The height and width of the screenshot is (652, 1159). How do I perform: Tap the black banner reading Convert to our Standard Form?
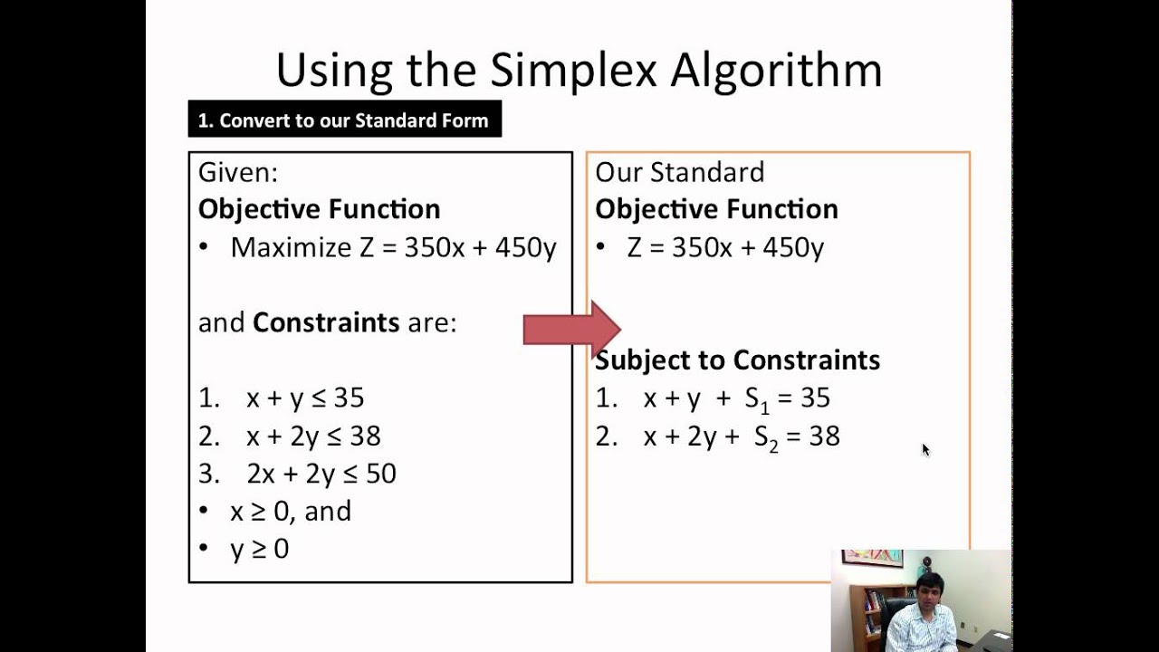[344, 120]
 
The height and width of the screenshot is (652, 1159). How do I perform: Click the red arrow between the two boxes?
[571, 330]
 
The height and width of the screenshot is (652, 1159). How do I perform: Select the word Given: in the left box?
[238, 172]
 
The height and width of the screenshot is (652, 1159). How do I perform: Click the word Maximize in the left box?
[291, 247]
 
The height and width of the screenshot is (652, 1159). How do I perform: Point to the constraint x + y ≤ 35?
[305, 398]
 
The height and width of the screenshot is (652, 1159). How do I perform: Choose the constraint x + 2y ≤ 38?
[313, 436]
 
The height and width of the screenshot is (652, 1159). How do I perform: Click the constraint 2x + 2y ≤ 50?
[321, 474]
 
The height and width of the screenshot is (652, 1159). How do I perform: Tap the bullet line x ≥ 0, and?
[290, 512]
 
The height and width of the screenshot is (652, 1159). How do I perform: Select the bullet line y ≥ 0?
[259, 549]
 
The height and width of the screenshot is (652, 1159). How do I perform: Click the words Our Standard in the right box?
[679, 172]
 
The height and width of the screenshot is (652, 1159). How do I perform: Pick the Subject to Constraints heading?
[737, 360]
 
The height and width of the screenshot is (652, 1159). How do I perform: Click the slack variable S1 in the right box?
[757, 399]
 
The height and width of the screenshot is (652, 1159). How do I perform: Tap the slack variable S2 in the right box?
[766, 437]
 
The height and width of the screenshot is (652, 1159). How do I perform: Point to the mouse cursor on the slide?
[925, 449]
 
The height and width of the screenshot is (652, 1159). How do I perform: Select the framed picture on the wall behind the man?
[872, 558]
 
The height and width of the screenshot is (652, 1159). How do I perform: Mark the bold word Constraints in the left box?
[325, 322]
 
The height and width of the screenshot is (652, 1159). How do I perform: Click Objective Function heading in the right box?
[716, 209]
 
